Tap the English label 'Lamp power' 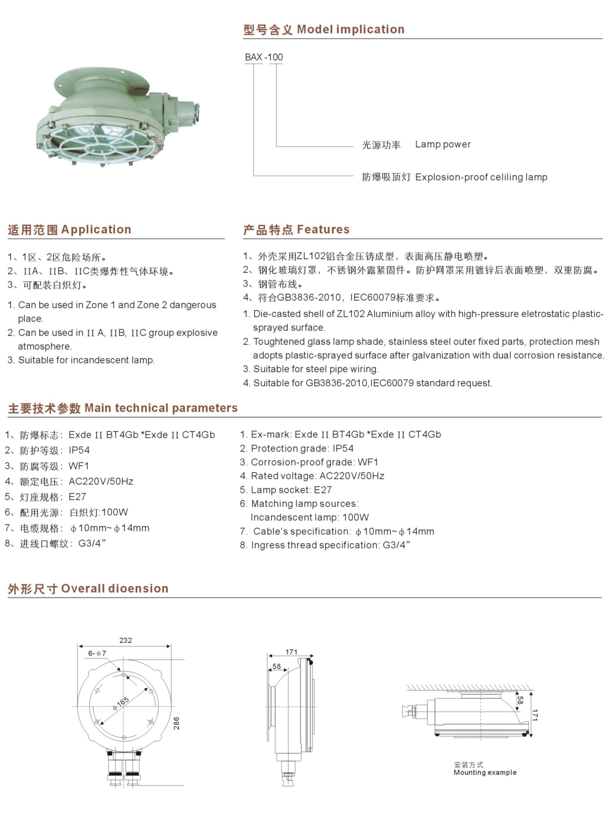pos(443,144)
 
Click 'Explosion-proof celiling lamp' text pos(481,177)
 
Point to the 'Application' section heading pos(96,229)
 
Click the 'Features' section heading pos(323,229)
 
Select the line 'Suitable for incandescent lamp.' pos(86,360)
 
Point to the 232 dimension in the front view pos(125,640)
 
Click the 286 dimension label pos(176,723)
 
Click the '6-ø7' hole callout pos(97,654)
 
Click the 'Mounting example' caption pos(485,772)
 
